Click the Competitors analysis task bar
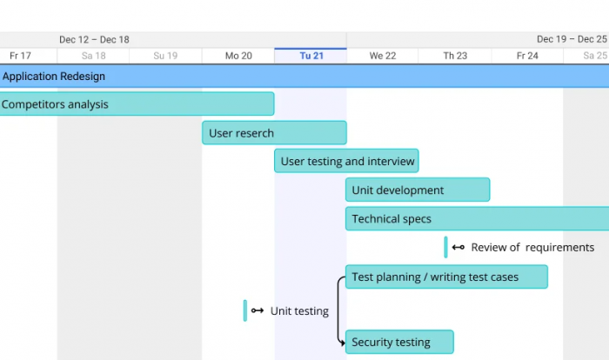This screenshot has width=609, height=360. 137,103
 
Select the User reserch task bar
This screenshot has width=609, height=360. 274,133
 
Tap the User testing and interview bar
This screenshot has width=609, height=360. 346,161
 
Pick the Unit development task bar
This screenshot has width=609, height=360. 418,190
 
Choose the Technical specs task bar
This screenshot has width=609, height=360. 477,218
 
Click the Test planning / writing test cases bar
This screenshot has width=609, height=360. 446,277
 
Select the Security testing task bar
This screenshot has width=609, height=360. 399,342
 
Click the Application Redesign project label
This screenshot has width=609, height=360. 54,77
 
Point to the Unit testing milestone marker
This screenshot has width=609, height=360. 245,310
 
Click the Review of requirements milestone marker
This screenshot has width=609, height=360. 445,247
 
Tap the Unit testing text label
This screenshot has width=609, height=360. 299,311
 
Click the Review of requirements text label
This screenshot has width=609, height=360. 532,247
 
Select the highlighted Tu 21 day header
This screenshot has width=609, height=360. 311,56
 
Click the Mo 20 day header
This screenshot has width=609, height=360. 238,56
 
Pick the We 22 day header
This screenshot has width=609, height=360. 383,56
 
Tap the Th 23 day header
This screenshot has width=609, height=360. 455,56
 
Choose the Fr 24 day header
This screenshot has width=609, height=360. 527,56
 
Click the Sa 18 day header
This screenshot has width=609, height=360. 93,56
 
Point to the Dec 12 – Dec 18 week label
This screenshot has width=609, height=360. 94,40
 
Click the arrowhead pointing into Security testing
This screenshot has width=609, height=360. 342,343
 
